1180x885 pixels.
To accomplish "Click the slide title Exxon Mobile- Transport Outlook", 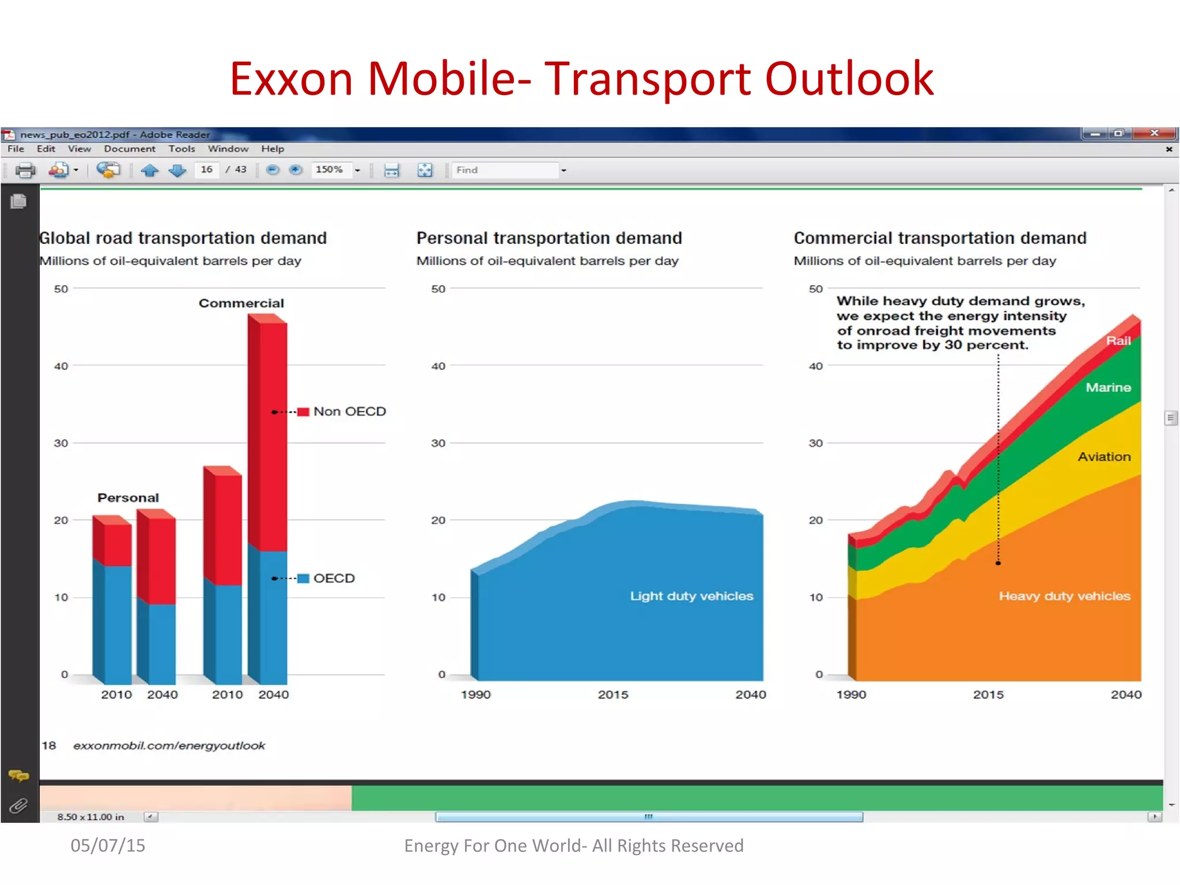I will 581,78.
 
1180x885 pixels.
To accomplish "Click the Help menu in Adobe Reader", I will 273,149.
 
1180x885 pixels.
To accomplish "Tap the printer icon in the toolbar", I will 25,170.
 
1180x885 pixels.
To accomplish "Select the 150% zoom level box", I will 330,170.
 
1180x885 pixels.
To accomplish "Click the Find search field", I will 504,170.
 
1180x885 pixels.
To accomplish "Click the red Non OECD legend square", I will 303,411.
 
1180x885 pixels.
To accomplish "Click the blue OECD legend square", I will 303,578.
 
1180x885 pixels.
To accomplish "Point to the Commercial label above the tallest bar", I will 241,303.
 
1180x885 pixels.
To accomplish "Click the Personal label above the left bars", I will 128,497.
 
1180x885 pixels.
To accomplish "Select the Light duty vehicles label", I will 691,596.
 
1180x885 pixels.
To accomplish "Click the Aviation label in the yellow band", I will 1103,457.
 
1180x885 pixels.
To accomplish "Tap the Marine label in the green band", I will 1107,387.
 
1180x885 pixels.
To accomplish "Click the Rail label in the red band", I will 1118,341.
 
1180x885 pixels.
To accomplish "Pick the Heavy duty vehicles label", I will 1064,596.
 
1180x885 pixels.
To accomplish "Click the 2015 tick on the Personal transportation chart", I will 612,694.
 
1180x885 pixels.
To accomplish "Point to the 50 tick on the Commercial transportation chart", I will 815,289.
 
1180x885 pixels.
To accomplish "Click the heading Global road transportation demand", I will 183,238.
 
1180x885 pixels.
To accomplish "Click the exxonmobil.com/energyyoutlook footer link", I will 169,746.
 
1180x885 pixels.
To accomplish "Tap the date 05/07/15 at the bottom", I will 108,845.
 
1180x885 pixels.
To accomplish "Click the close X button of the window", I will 1154,133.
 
